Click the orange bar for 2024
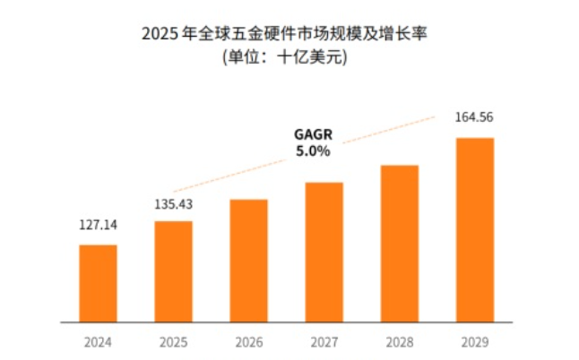[98, 283]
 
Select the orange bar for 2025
[173, 271]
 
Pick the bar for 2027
[324, 252]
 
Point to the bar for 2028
[399, 244]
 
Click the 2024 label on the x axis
[98, 341]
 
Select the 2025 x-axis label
[173, 341]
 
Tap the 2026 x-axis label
[248, 341]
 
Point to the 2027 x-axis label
[324, 341]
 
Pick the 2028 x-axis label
[399, 341]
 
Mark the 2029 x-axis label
[474, 341]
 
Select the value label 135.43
[173, 204]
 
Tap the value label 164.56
[475, 117]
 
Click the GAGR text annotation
[312, 134]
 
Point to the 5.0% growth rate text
[312, 151]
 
